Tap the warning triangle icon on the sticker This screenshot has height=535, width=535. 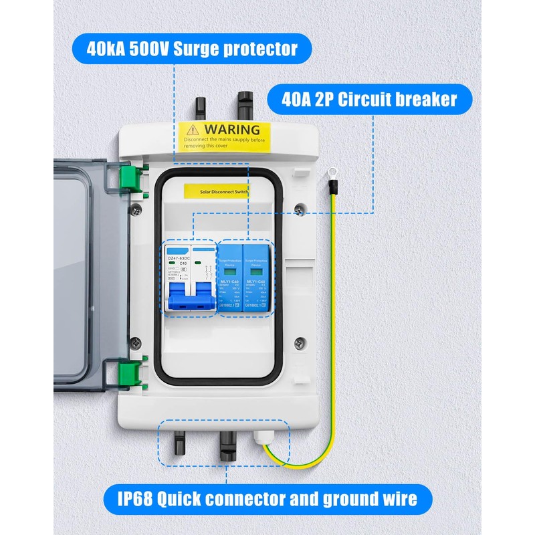193,129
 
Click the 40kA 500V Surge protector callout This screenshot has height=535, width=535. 191,48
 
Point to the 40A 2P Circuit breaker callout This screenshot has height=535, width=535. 369,100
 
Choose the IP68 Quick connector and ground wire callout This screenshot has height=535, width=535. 267,498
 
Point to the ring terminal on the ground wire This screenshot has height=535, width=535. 330,176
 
